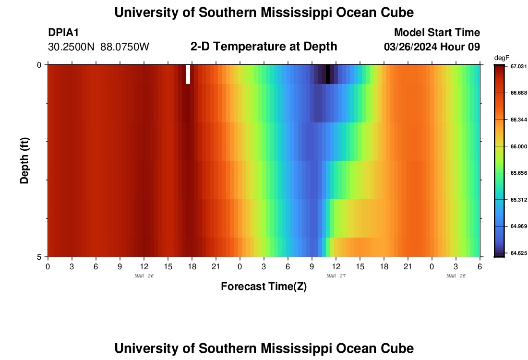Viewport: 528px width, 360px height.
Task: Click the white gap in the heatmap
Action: (188, 74)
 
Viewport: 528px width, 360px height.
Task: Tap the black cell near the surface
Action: (328, 74)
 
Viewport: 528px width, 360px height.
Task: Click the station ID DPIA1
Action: (63, 33)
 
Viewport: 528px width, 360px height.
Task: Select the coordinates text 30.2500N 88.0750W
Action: (99, 47)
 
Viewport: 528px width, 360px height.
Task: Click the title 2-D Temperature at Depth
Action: (264, 47)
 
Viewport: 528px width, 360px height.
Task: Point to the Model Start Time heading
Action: (437, 33)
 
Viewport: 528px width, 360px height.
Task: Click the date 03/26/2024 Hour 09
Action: (432, 47)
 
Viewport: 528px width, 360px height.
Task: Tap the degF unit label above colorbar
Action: (501, 58)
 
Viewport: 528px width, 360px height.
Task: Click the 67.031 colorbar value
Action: (518, 66)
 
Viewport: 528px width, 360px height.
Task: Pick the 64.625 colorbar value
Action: (518, 252)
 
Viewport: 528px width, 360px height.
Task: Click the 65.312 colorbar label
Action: (518, 200)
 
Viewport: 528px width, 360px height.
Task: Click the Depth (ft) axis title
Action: (25, 160)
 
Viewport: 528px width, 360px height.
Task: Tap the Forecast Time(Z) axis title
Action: (264, 287)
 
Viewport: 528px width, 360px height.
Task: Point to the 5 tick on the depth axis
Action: (39, 257)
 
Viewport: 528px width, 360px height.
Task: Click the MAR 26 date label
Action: (144, 276)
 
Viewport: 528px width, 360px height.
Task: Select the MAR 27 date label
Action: (336, 276)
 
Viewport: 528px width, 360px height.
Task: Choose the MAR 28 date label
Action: (456, 276)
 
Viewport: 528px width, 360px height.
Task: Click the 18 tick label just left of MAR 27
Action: (192, 266)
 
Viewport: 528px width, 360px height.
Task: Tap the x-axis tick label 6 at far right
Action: (480, 266)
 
